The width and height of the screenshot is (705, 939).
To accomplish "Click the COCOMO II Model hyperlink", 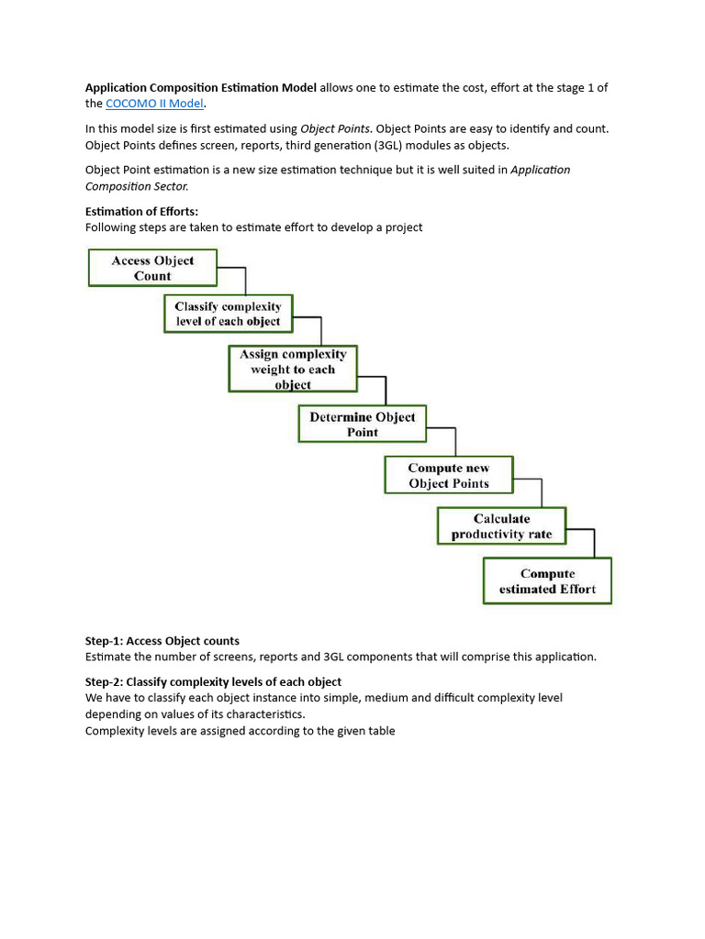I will [154, 104].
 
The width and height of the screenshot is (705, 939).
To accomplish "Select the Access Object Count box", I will [152, 268].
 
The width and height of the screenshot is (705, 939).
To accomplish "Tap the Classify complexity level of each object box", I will [228, 314].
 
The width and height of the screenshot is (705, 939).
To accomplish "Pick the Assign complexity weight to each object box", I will [293, 369].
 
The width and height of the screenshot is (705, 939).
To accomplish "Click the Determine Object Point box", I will [363, 424].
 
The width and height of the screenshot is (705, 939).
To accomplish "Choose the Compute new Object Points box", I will [449, 475].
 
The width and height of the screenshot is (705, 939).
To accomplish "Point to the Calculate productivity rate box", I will [501, 526].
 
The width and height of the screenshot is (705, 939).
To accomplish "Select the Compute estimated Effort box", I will [547, 581].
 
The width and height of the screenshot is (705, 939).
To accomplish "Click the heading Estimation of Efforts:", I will [141, 212].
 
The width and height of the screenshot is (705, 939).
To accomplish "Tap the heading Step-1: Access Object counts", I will [162, 641].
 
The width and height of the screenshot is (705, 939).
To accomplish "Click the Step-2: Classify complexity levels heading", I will [213, 681].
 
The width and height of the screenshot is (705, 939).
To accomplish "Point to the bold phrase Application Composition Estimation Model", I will [201, 88].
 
